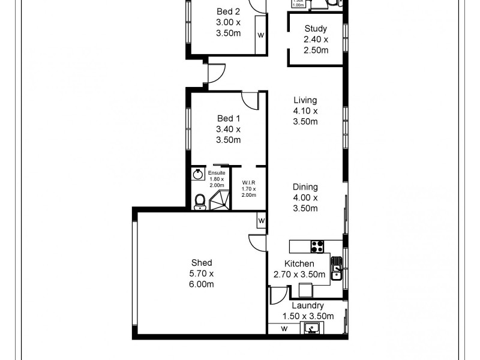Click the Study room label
(316, 28)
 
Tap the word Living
(305, 100)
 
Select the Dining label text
(305, 187)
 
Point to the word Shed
(202, 263)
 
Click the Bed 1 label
(228, 118)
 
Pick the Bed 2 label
(228, 11)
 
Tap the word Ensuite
(216, 173)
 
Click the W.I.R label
(248, 183)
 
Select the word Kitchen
(299, 264)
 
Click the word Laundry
(307, 305)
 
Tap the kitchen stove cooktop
(317, 246)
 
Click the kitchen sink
(336, 268)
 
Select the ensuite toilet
(200, 202)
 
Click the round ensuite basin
(198, 175)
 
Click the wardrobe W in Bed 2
(260, 35)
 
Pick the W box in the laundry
(284, 328)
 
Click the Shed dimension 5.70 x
(202, 274)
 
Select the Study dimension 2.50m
(316, 50)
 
